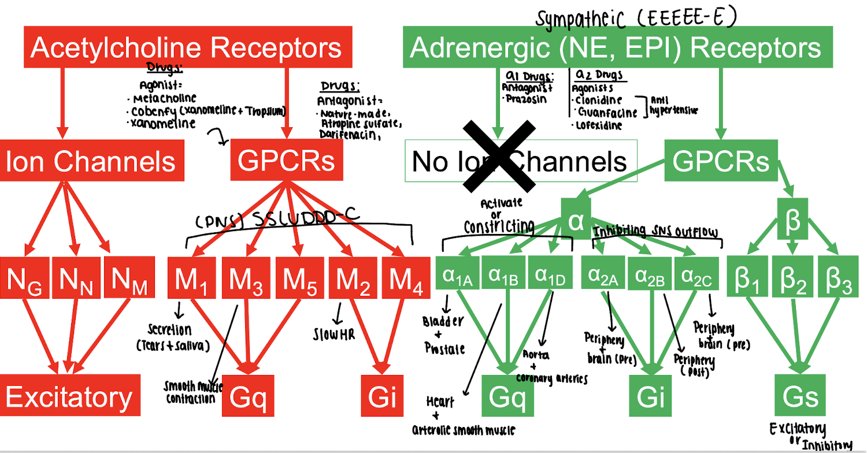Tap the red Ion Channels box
tap(91, 161)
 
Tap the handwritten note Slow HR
tap(334, 335)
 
